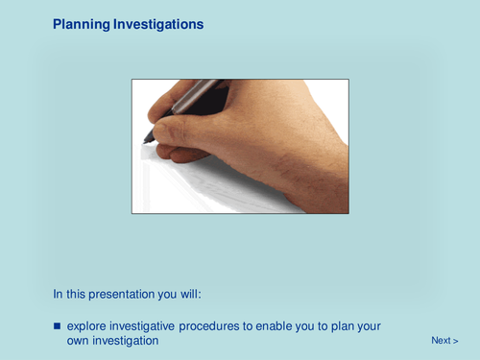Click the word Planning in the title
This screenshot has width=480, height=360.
(x=82, y=24)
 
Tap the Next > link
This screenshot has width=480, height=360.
(x=444, y=341)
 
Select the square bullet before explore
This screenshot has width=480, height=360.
(x=57, y=326)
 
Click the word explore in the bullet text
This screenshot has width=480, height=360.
(x=87, y=326)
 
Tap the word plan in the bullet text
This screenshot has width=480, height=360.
(x=341, y=326)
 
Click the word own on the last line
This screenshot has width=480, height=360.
(x=80, y=341)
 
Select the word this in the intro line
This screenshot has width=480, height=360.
(x=77, y=293)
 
